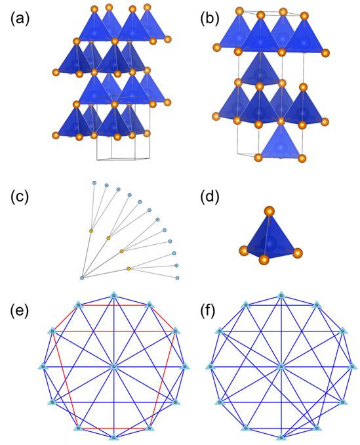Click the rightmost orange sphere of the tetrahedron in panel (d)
[x=297, y=253]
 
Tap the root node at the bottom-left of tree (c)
[x=82, y=278]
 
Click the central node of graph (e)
[x=113, y=365]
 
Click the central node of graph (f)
[x=281, y=365]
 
